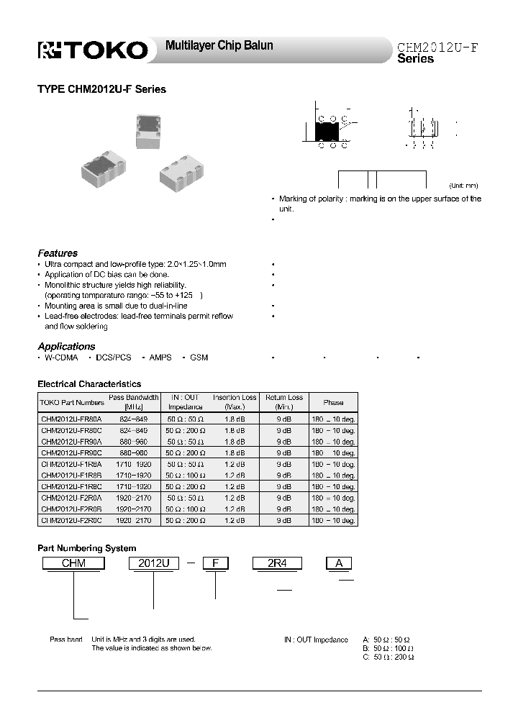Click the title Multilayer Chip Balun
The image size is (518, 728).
[x=219, y=45]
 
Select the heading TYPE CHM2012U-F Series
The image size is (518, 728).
[x=101, y=90]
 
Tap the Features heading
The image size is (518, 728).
[x=58, y=253]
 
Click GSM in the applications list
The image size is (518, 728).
[x=199, y=358]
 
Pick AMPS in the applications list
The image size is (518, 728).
[x=160, y=358]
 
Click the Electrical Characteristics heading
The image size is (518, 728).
[x=89, y=384]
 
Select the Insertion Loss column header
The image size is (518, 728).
[x=235, y=402]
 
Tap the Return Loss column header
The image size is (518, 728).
[x=284, y=402]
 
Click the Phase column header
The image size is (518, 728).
[x=333, y=403]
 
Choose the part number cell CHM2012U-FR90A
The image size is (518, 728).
[x=72, y=442]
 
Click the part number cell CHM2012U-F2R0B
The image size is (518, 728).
[x=72, y=509]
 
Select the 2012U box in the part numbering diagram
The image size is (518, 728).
[x=153, y=564]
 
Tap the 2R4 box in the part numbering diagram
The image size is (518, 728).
[x=276, y=564]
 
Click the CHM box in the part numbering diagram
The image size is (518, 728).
[x=73, y=564]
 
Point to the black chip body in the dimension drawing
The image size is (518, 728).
[x=327, y=132]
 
